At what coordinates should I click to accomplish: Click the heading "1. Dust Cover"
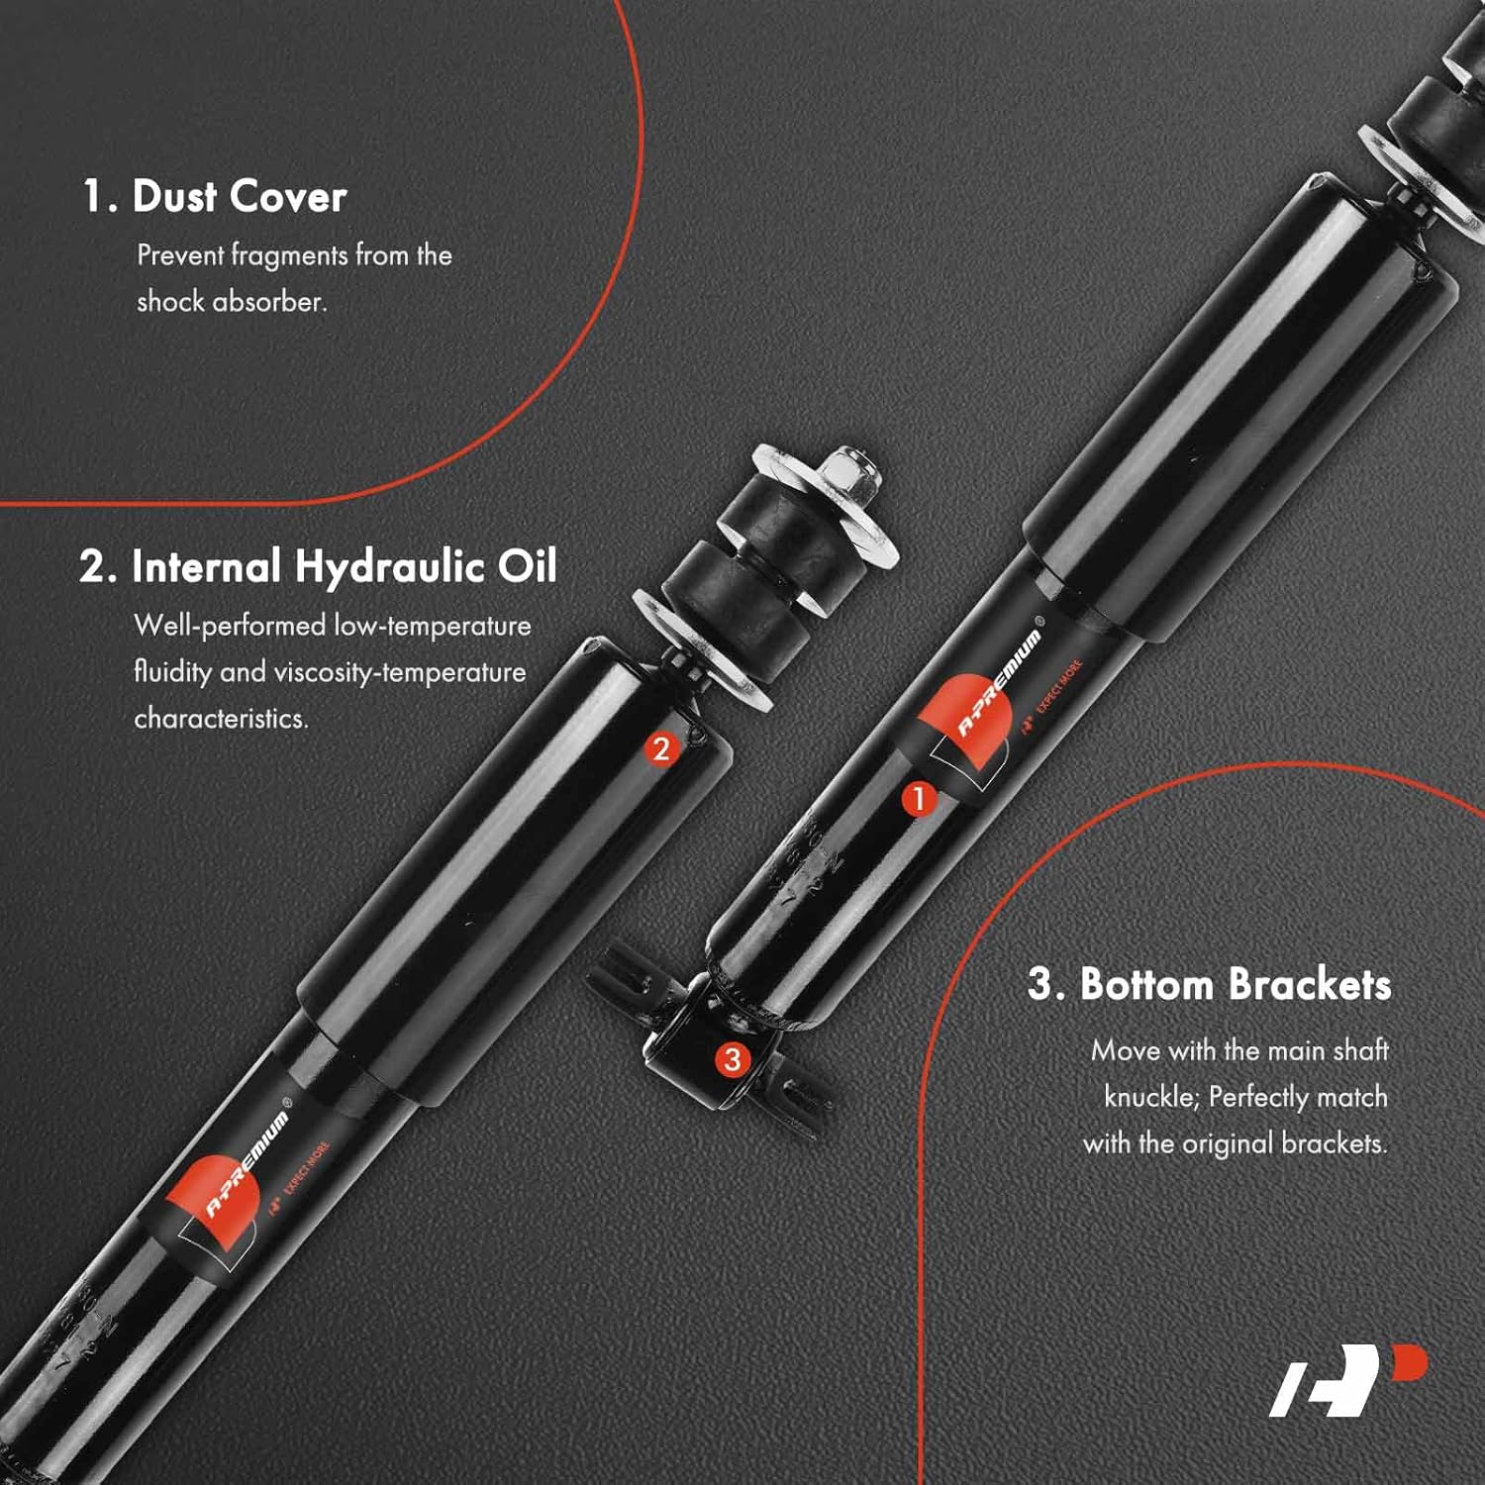point(214,196)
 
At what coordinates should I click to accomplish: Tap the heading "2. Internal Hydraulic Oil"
point(318,567)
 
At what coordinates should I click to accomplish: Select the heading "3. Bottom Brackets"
point(1209,984)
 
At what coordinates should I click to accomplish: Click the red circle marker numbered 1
point(919,798)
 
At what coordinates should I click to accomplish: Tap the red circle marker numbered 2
point(661,748)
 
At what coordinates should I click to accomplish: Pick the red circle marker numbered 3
point(732,1059)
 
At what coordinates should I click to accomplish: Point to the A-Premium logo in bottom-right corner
point(1348,1380)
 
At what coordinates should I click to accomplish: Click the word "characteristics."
point(221,719)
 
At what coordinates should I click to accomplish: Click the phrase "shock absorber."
point(232,301)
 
